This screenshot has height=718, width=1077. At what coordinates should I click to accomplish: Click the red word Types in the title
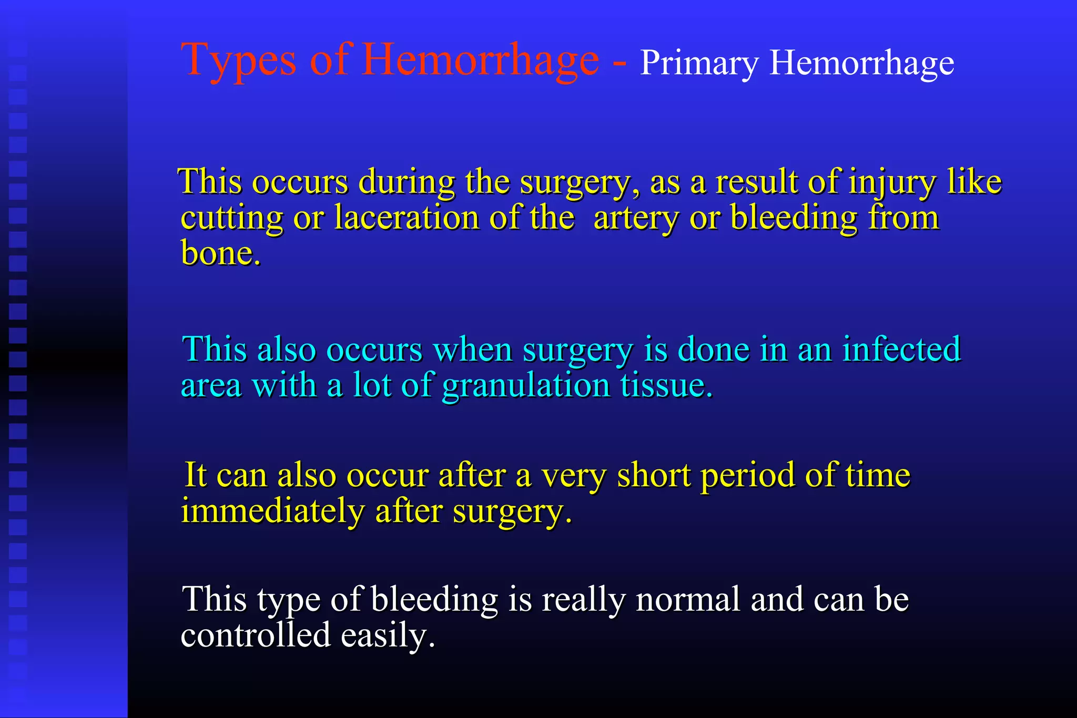[x=238, y=61]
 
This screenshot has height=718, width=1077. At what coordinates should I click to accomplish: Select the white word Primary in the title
[x=699, y=64]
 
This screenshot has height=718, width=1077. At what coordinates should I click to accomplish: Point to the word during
[x=407, y=182]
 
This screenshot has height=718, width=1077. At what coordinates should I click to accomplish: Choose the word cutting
[x=231, y=218]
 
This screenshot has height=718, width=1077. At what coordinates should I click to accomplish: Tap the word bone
[x=220, y=253]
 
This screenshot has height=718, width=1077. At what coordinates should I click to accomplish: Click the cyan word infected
[x=901, y=349]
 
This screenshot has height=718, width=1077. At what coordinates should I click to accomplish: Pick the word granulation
[x=526, y=386]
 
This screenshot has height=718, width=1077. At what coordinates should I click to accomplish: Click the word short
[x=653, y=475]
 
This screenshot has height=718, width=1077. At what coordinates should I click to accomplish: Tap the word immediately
[x=272, y=511]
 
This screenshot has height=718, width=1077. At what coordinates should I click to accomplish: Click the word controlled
[x=256, y=635]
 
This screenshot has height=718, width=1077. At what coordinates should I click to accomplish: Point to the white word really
[x=583, y=600]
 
